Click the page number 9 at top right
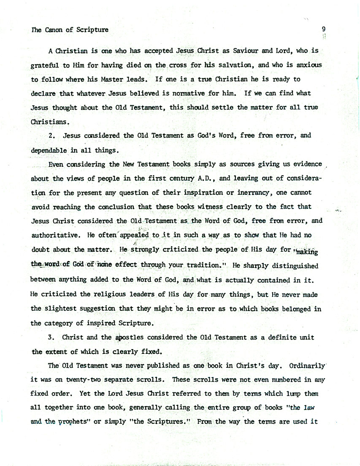click(323, 29)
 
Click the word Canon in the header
click(52, 30)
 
